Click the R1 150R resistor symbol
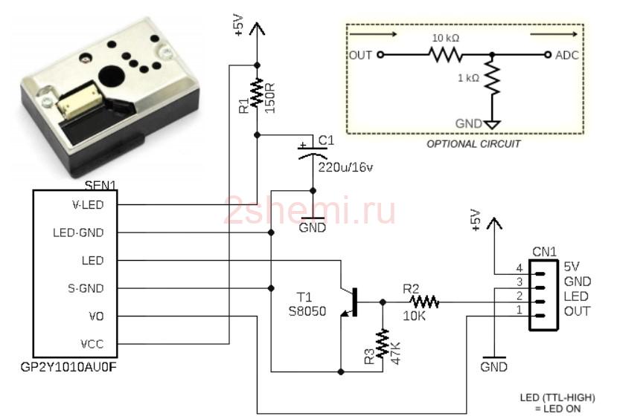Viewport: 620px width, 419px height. [257, 92]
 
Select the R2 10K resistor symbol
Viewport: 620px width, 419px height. [424, 302]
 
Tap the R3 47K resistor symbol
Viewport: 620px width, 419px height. [383, 344]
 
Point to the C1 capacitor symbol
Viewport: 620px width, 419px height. [313, 151]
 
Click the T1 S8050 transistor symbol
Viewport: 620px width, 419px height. [349, 302]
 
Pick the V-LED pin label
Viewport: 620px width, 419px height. [88, 205]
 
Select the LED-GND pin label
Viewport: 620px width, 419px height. [78, 233]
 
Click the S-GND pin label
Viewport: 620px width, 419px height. [86, 288]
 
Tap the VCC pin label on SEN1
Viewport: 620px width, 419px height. [92, 344]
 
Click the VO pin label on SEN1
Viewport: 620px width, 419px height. [97, 316]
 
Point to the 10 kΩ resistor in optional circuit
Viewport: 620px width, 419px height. [446, 54]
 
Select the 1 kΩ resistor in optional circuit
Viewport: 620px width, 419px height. [492, 79]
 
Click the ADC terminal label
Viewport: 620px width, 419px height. [567, 55]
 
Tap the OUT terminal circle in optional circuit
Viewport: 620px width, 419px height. [380, 54]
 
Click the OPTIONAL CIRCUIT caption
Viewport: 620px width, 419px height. [473, 144]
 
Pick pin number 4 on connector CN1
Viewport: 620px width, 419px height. [520, 269]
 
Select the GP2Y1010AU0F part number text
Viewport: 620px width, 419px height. [68, 367]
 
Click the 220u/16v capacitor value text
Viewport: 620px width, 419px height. [345, 167]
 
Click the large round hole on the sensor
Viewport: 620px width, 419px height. [112, 75]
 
